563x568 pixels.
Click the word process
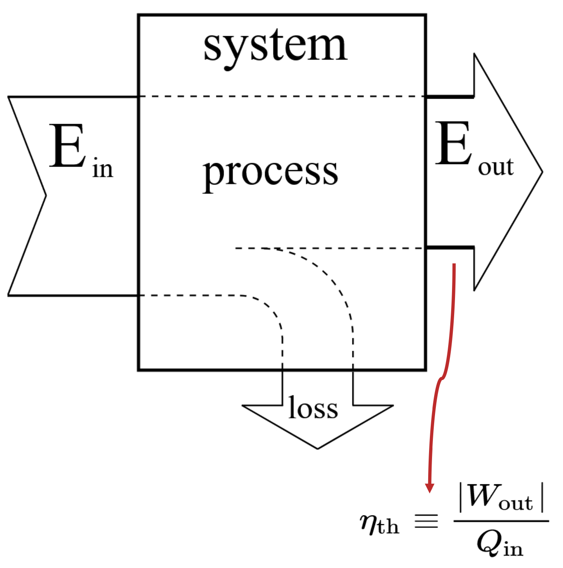(270, 172)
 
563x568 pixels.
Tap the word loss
(313, 408)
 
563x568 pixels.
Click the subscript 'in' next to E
(102, 169)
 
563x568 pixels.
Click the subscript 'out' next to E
(495, 167)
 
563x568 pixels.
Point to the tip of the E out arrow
(542, 172)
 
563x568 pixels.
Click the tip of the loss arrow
(317, 448)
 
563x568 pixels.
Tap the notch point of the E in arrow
(45, 196)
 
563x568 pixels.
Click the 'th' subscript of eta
(388, 527)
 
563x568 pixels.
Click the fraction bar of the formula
(501, 521)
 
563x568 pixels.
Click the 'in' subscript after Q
(513, 549)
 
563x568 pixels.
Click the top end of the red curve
(454, 265)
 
